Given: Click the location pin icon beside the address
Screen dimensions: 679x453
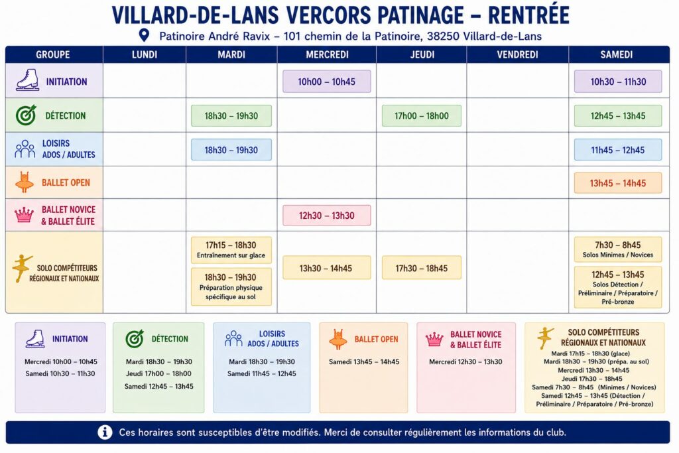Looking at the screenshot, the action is [144, 36].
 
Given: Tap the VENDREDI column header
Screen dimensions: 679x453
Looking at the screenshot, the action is [517, 54].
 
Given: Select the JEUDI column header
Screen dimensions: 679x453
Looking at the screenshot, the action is [422, 54].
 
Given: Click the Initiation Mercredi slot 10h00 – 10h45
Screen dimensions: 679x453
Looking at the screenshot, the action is [326, 82].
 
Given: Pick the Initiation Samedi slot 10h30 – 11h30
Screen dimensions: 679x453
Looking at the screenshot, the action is [618, 82].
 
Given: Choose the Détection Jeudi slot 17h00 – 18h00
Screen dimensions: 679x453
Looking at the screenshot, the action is [421, 115].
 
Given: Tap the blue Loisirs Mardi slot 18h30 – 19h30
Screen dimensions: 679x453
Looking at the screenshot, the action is [231, 150].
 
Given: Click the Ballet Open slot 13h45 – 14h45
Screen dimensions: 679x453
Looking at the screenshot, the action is [618, 183].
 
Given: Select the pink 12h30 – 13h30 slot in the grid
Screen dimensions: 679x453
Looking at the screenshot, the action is [326, 216].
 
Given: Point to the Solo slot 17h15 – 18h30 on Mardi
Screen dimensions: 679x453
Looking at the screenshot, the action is [231, 250].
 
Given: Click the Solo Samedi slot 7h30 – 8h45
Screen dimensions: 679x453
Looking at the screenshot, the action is [618, 249].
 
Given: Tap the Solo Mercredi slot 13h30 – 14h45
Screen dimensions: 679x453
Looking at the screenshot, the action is [326, 268].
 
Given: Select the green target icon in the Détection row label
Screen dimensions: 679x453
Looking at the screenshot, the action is [26, 115].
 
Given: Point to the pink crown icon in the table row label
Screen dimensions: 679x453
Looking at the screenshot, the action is [25, 214].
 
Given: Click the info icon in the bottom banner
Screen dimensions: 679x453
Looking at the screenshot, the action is [105, 432].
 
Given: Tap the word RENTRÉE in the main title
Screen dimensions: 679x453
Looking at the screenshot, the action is [528, 15].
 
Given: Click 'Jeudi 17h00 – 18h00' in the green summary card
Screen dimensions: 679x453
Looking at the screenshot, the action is [158, 373].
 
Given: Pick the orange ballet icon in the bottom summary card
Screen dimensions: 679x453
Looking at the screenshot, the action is [338, 339].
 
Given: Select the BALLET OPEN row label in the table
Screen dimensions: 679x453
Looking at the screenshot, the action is [66, 183].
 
